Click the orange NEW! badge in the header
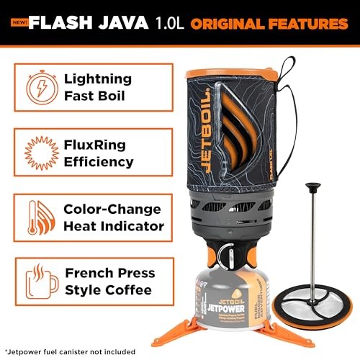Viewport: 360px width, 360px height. point(19,22)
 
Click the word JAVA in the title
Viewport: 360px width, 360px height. point(123,22)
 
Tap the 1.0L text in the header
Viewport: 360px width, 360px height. point(170,23)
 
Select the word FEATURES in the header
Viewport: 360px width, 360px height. point(308,24)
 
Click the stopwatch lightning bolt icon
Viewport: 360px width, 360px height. point(42,87)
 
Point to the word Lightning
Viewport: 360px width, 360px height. point(98,79)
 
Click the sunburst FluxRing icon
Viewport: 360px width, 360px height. point(42,153)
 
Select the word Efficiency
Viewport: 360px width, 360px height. point(99,162)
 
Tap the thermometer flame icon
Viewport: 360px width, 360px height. point(41,217)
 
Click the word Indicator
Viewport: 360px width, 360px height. point(132,226)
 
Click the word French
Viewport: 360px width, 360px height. point(89,273)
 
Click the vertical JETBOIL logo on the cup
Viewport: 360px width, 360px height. point(206,130)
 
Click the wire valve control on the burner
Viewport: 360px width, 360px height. point(226,257)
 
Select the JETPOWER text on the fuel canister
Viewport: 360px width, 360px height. point(226,308)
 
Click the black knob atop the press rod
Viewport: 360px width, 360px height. point(312,187)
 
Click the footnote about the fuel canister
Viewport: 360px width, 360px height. point(70,352)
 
